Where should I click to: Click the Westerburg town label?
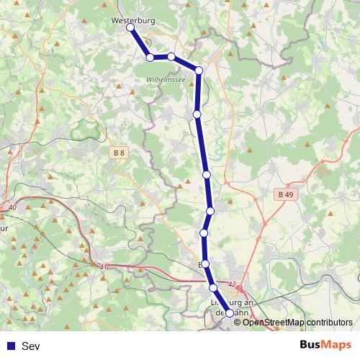(x=133, y=21)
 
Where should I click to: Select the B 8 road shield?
(x=119, y=153)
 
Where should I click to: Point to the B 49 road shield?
(x=286, y=194)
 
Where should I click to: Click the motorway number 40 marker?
(x=12, y=208)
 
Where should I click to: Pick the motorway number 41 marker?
(x=104, y=266)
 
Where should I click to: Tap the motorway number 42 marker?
(x=231, y=284)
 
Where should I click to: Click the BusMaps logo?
(x=325, y=346)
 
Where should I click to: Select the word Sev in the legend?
(x=31, y=346)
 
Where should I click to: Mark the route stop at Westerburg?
(x=130, y=28)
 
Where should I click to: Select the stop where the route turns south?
(x=199, y=70)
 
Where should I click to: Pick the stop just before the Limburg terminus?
(x=213, y=288)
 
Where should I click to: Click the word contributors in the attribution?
(x=330, y=322)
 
